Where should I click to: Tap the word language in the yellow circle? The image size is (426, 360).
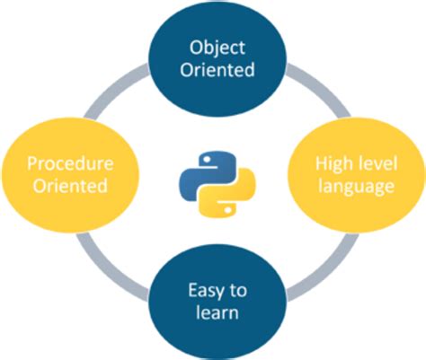(354, 187)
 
